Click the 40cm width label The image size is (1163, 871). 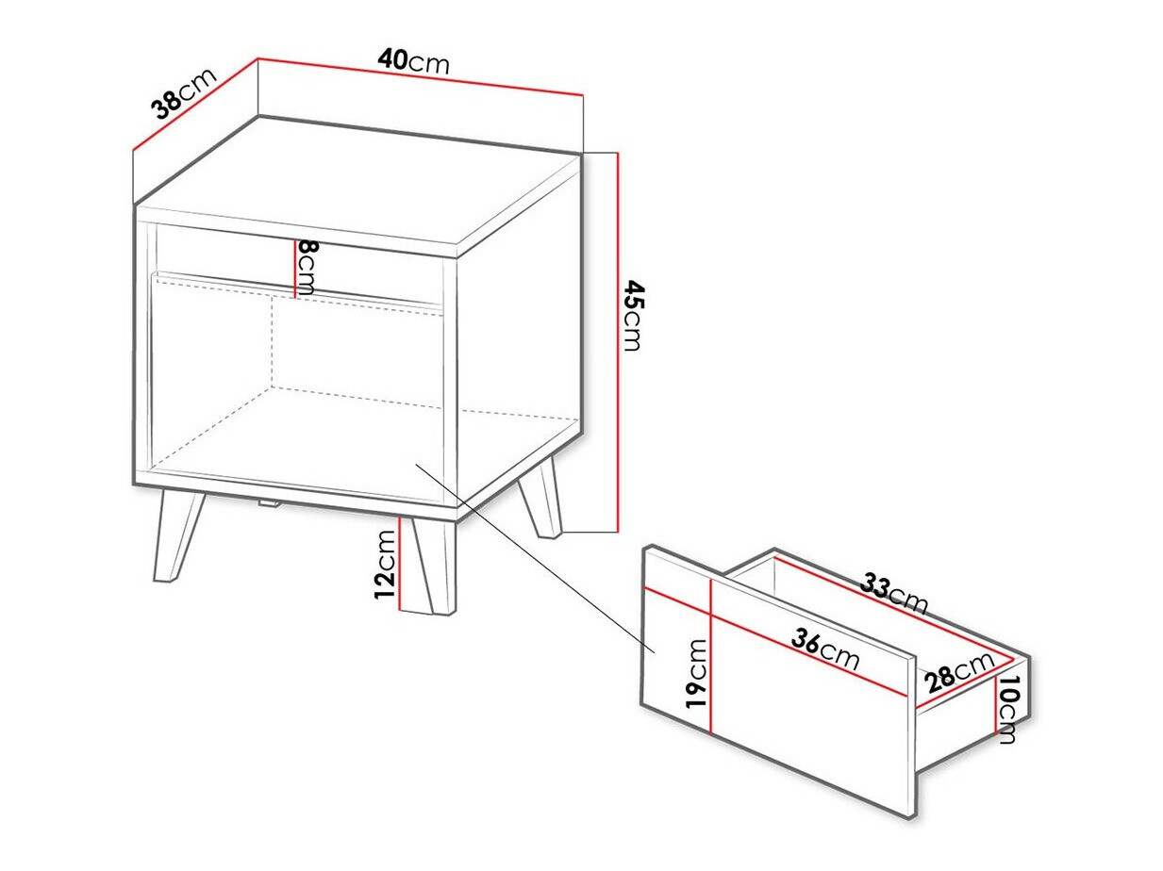tap(413, 61)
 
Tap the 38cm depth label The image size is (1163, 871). tap(185, 92)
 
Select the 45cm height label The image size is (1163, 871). tap(632, 315)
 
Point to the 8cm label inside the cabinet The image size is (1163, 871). tap(307, 267)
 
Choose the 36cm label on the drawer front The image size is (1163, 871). tap(825, 650)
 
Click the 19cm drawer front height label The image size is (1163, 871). tap(696, 672)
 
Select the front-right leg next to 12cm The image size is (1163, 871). tap(434, 566)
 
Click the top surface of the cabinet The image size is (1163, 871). tap(358, 184)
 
